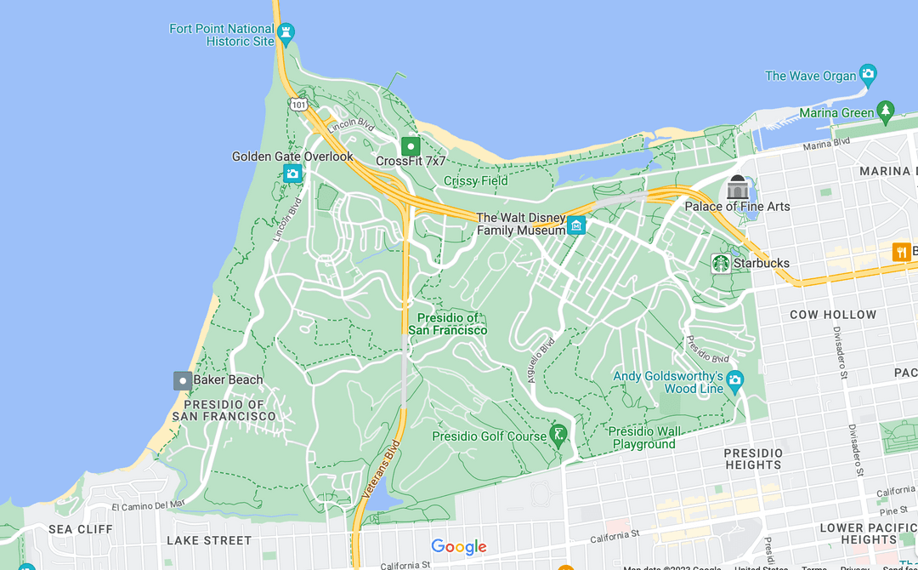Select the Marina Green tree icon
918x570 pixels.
(x=886, y=111)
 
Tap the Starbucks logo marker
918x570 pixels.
(x=721, y=263)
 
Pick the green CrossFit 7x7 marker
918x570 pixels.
(x=411, y=145)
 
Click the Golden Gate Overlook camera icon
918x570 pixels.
(x=292, y=174)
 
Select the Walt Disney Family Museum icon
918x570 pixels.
(x=577, y=225)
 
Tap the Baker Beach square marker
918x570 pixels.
(x=182, y=380)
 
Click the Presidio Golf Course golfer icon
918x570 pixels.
(x=558, y=436)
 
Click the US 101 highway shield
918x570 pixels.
(x=297, y=105)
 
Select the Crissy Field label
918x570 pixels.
(x=476, y=180)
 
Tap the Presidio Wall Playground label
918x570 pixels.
(x=643, y=438)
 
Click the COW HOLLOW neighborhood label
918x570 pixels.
(x=833, y=315)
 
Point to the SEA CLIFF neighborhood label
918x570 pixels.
(x=81, y=529)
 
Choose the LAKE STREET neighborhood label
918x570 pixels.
(x=209, y=540)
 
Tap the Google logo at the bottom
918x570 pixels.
(x=459, y=547)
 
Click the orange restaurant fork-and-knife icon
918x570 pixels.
(x=901, y=252)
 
